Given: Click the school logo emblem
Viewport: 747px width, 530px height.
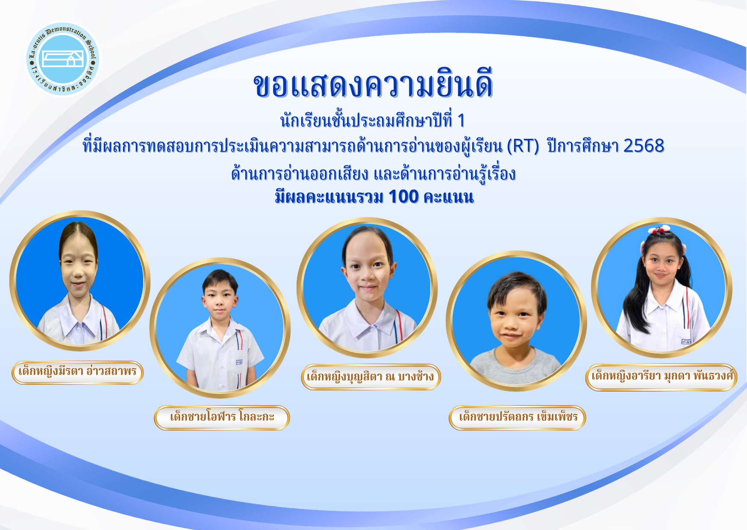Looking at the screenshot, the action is pos(63,59).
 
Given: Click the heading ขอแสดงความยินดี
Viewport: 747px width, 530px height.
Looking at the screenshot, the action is pos(373,85).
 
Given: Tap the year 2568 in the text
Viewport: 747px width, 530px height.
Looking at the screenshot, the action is pos(644,146).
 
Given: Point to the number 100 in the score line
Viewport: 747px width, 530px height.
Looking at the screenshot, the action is pos(403,197).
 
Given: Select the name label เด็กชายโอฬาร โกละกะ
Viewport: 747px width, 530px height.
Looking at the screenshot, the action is pos(222,417).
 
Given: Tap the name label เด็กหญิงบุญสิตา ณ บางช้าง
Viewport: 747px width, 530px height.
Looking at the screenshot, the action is pos(371,377).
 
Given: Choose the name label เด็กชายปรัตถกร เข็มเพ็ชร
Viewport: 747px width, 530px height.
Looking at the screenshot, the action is pos(518,417).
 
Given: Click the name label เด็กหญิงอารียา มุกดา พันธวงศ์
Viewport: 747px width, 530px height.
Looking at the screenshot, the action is pos(661,377).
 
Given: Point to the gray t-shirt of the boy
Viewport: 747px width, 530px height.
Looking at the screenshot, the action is pos(515,365).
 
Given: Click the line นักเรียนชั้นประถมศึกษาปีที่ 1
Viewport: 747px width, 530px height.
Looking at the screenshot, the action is pos(372,121).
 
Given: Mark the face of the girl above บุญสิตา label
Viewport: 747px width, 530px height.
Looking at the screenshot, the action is pos(368,269).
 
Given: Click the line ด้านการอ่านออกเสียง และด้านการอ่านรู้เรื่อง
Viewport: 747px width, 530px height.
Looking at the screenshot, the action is pos(373,174).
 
